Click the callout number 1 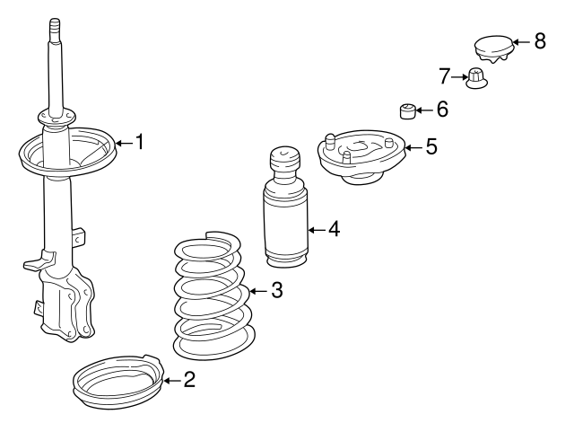coord(140,142)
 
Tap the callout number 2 coord(189,380)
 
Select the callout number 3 coord(277,290)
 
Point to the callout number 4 coord(334,229)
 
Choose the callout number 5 coord(431,146)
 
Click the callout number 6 coord(442,109)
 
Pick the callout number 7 coord(444,76)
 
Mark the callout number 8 coord(540,40)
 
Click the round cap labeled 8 coord(493,48)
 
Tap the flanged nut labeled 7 coord(476,79)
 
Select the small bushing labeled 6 coord(407,111)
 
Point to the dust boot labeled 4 coord(286,207)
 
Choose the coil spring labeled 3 coord(214,295)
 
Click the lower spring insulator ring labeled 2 coord(118,381)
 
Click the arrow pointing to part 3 coord(259,291)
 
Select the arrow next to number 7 coord(459,77)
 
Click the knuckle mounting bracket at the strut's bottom coord(66,304)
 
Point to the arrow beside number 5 coord(413,147)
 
